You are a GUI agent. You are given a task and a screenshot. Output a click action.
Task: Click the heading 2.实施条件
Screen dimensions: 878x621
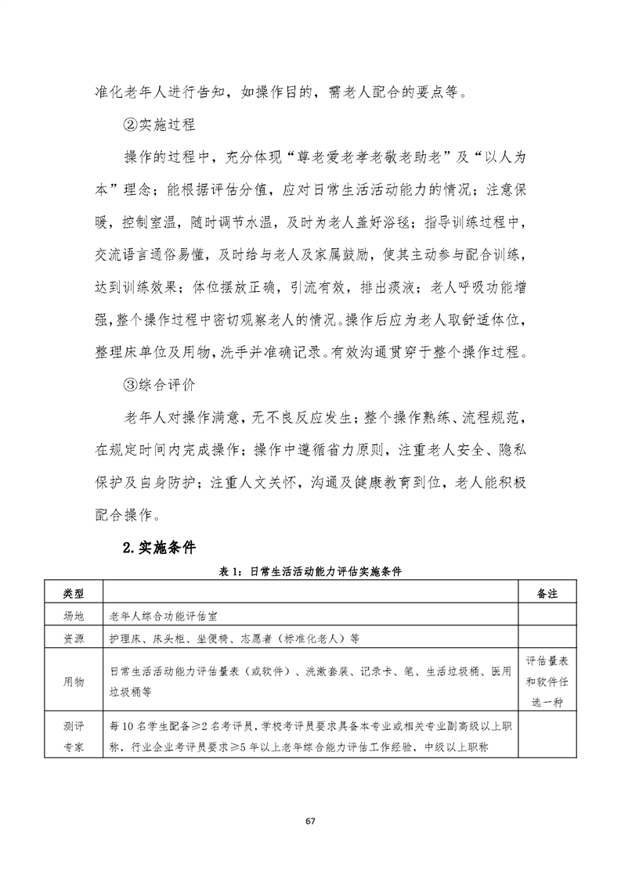(159, 547)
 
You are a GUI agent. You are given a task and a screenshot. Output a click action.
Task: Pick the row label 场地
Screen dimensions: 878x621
(72, 616)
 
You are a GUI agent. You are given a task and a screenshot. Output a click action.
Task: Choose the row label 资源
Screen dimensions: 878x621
(72, 638)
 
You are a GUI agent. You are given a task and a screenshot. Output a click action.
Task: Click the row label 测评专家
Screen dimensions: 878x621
(72, 736)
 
